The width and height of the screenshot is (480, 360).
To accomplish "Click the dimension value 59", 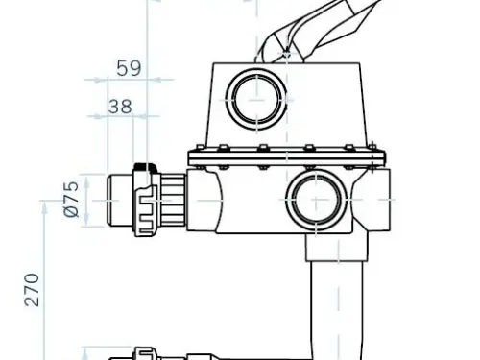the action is point(129,68).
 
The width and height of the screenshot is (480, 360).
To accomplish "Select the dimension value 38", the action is point(120,107).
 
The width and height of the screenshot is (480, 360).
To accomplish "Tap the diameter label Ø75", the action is point(71,200).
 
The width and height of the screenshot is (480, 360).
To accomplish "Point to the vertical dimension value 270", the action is point(32,290).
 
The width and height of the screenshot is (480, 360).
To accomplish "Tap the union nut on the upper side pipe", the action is point(146,201).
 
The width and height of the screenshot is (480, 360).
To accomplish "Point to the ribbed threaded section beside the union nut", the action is point(173,201).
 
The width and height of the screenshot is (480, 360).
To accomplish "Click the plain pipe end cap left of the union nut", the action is point(120,201).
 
